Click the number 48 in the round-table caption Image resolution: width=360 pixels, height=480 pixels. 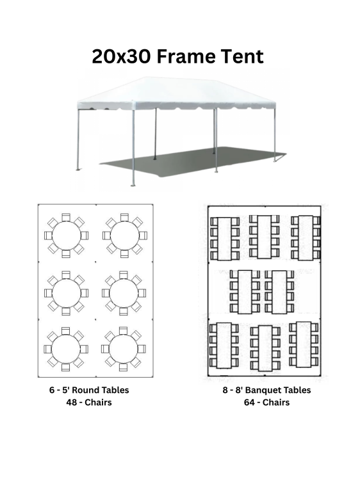click(71, 403)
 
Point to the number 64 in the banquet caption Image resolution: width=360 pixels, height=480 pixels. click(249, 403)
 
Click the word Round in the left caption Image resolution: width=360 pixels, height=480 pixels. click(85, 390)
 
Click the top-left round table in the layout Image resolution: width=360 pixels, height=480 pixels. click(66, 236)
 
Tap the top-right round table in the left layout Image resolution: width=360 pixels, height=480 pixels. click(124, 236)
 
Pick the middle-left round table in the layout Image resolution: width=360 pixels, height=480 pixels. click(66, 293)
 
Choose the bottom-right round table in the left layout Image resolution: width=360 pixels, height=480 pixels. click(124, 349)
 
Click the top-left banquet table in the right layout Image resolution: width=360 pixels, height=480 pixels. click(224, 239)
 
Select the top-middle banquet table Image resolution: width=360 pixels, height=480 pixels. click(264, 237)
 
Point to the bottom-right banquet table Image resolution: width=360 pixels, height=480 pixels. click(304, 344)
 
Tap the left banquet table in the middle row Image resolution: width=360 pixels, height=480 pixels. click(245, 292)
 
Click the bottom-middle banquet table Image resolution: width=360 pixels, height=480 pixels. click(265, 348)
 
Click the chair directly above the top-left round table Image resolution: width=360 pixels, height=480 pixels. click(66, 217)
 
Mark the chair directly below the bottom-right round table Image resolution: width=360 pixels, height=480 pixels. click(124, 367)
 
